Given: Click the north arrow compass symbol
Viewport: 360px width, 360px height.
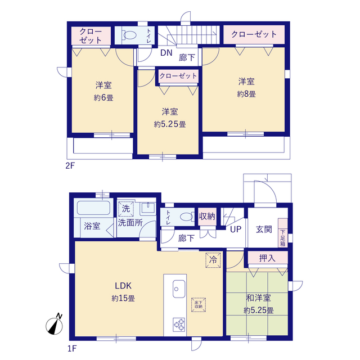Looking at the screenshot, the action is [55, 326].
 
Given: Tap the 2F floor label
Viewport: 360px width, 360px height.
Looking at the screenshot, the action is [70, 166].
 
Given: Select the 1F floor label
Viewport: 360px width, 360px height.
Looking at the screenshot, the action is [71, 349].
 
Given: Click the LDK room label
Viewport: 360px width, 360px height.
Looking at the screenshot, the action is [123, 286].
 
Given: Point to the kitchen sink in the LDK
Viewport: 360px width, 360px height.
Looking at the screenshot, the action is [179, 289].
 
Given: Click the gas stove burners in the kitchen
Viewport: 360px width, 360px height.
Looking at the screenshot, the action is [179, 325].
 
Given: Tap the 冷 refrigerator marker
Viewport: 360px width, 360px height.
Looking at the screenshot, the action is [213, 260].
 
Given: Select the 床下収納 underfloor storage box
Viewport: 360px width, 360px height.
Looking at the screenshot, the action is [199, 305].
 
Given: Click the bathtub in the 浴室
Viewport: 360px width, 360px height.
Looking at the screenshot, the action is [93, 208].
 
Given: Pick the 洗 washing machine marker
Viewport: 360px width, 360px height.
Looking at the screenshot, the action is [126, 209].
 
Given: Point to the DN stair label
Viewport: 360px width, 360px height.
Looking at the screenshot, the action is [166, 53].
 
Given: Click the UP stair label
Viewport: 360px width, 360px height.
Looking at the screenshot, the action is [236, 229].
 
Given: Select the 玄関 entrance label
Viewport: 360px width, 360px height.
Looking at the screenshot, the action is [264, 229].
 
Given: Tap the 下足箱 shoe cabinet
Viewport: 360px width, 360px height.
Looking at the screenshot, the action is [283, 233].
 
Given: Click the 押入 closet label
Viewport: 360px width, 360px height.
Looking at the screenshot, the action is [267, 258].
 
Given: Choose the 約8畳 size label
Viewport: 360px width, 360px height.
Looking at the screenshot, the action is [246, 94].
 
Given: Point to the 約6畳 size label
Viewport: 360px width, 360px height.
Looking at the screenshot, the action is [103, 98].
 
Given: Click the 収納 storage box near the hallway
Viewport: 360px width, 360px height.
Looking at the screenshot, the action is [207, 217].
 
